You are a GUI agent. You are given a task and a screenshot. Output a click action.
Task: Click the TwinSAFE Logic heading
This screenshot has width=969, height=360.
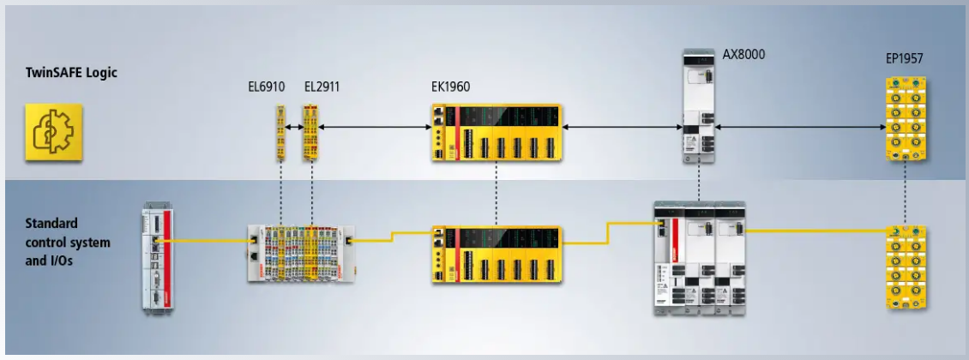[71, 72]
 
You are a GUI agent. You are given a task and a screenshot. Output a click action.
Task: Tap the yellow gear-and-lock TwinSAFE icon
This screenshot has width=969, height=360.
[54, 132]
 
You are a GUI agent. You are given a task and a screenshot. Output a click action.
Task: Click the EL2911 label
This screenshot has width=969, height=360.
[322, 87]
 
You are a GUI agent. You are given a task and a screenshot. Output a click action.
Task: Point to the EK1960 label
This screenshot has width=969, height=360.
[450, 87]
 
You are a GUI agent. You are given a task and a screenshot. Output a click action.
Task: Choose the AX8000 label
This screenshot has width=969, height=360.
[744, 54]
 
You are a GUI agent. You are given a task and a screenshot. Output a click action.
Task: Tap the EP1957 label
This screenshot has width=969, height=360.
[904, 59]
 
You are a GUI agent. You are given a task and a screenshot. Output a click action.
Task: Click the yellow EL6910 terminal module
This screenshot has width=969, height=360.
[280, 133]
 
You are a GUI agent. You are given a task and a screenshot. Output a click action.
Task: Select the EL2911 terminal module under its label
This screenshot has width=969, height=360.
[310, 133]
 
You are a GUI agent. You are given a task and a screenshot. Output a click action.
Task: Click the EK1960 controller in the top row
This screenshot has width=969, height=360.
[497, 133]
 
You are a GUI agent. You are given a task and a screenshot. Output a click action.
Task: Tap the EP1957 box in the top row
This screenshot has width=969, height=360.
[905, 119]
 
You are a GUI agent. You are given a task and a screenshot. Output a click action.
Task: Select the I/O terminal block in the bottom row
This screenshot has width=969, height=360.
[302, 253]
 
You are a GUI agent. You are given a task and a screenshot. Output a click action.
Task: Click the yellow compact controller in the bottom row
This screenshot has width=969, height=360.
[497, 255]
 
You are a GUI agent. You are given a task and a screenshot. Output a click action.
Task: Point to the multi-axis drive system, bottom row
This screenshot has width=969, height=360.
[700, 258]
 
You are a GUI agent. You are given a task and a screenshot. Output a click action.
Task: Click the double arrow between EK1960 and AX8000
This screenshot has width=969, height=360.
[623, 127]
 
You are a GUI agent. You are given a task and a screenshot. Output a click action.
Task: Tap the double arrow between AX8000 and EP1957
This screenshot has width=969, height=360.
[802, 127]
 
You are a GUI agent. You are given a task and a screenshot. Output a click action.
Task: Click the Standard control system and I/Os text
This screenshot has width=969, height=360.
[68, 242]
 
